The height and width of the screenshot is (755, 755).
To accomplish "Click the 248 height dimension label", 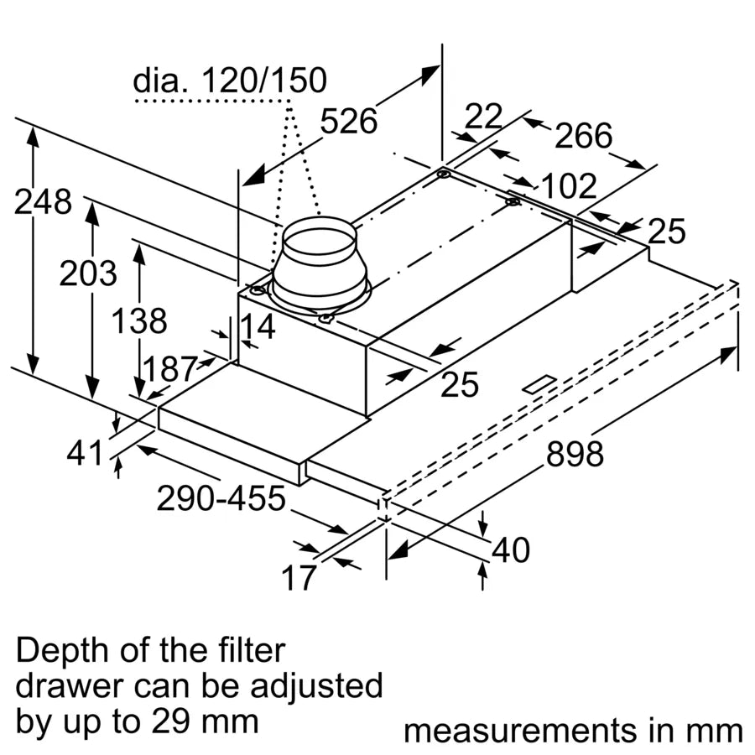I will point(42,202).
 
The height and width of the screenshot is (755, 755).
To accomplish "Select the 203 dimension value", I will point(87,273).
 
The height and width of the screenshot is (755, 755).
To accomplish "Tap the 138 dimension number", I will point(139,321).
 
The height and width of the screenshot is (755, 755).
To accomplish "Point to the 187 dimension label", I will point(169,370).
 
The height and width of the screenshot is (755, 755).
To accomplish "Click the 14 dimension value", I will point(258,327).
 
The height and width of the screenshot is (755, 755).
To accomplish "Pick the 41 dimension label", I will point(84,453).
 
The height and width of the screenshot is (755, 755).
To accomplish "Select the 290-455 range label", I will point(221,500).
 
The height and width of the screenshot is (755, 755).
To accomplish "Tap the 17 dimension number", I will point(299,577).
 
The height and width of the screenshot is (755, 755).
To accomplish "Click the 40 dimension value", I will point(511,550).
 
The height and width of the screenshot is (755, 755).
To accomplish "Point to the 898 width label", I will point(575,455).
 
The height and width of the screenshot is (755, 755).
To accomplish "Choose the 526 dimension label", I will point(349,122).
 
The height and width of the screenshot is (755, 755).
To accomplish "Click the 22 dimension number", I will point(483,117).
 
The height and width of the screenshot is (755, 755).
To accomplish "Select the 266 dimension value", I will point(584,136).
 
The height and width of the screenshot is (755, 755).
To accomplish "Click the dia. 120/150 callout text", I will point(229,81).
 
